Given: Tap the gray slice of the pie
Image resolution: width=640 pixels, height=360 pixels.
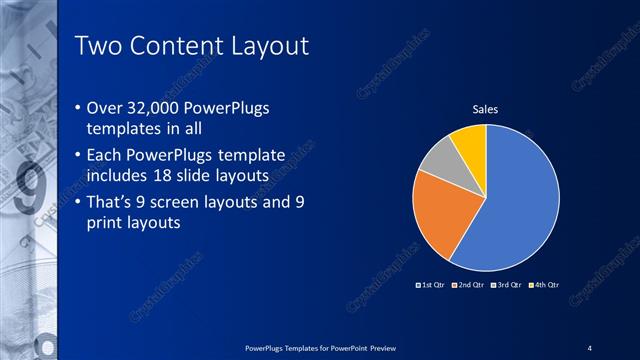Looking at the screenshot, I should coord(437,160).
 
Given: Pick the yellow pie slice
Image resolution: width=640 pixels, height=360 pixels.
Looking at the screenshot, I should coord(470,140).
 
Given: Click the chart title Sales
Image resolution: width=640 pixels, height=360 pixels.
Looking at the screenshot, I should coord(485,109).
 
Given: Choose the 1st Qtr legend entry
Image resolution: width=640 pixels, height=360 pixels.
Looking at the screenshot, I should coord(432,285).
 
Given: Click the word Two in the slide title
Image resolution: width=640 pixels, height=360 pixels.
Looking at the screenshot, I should coord(98,46).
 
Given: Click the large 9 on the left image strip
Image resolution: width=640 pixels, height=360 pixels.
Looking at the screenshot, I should coord(30,190).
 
